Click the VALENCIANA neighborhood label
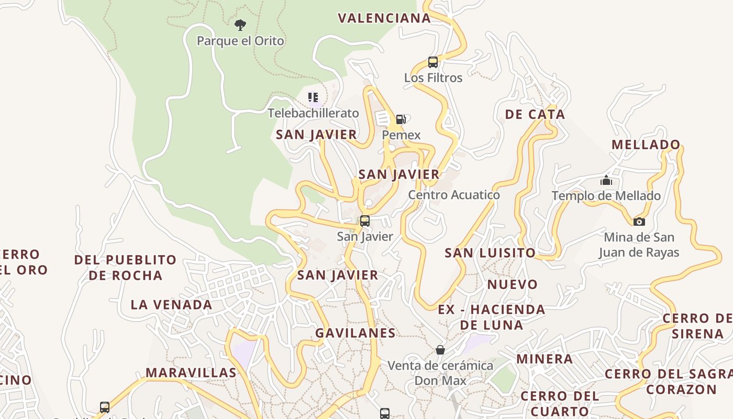point(384,18)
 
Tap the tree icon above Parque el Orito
point(240,25)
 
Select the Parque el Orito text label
point(240,41)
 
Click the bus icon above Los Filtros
point(433,62)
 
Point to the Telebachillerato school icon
point(313,97)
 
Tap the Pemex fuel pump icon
point(401,119)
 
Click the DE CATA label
point(535,115)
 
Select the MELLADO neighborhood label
point(646,145)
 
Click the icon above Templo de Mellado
point(606,181)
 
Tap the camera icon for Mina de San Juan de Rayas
point(639,222)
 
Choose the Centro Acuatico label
point(454,195)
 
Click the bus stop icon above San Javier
point(365,221)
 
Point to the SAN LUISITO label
point(490,253)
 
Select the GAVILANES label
point(356,333)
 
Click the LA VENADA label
point(171,305)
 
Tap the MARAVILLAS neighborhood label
point(191,373)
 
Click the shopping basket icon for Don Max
point(440,349)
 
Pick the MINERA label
point(545,359)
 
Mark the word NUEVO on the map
point(513,285)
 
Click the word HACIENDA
point(508,310)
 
